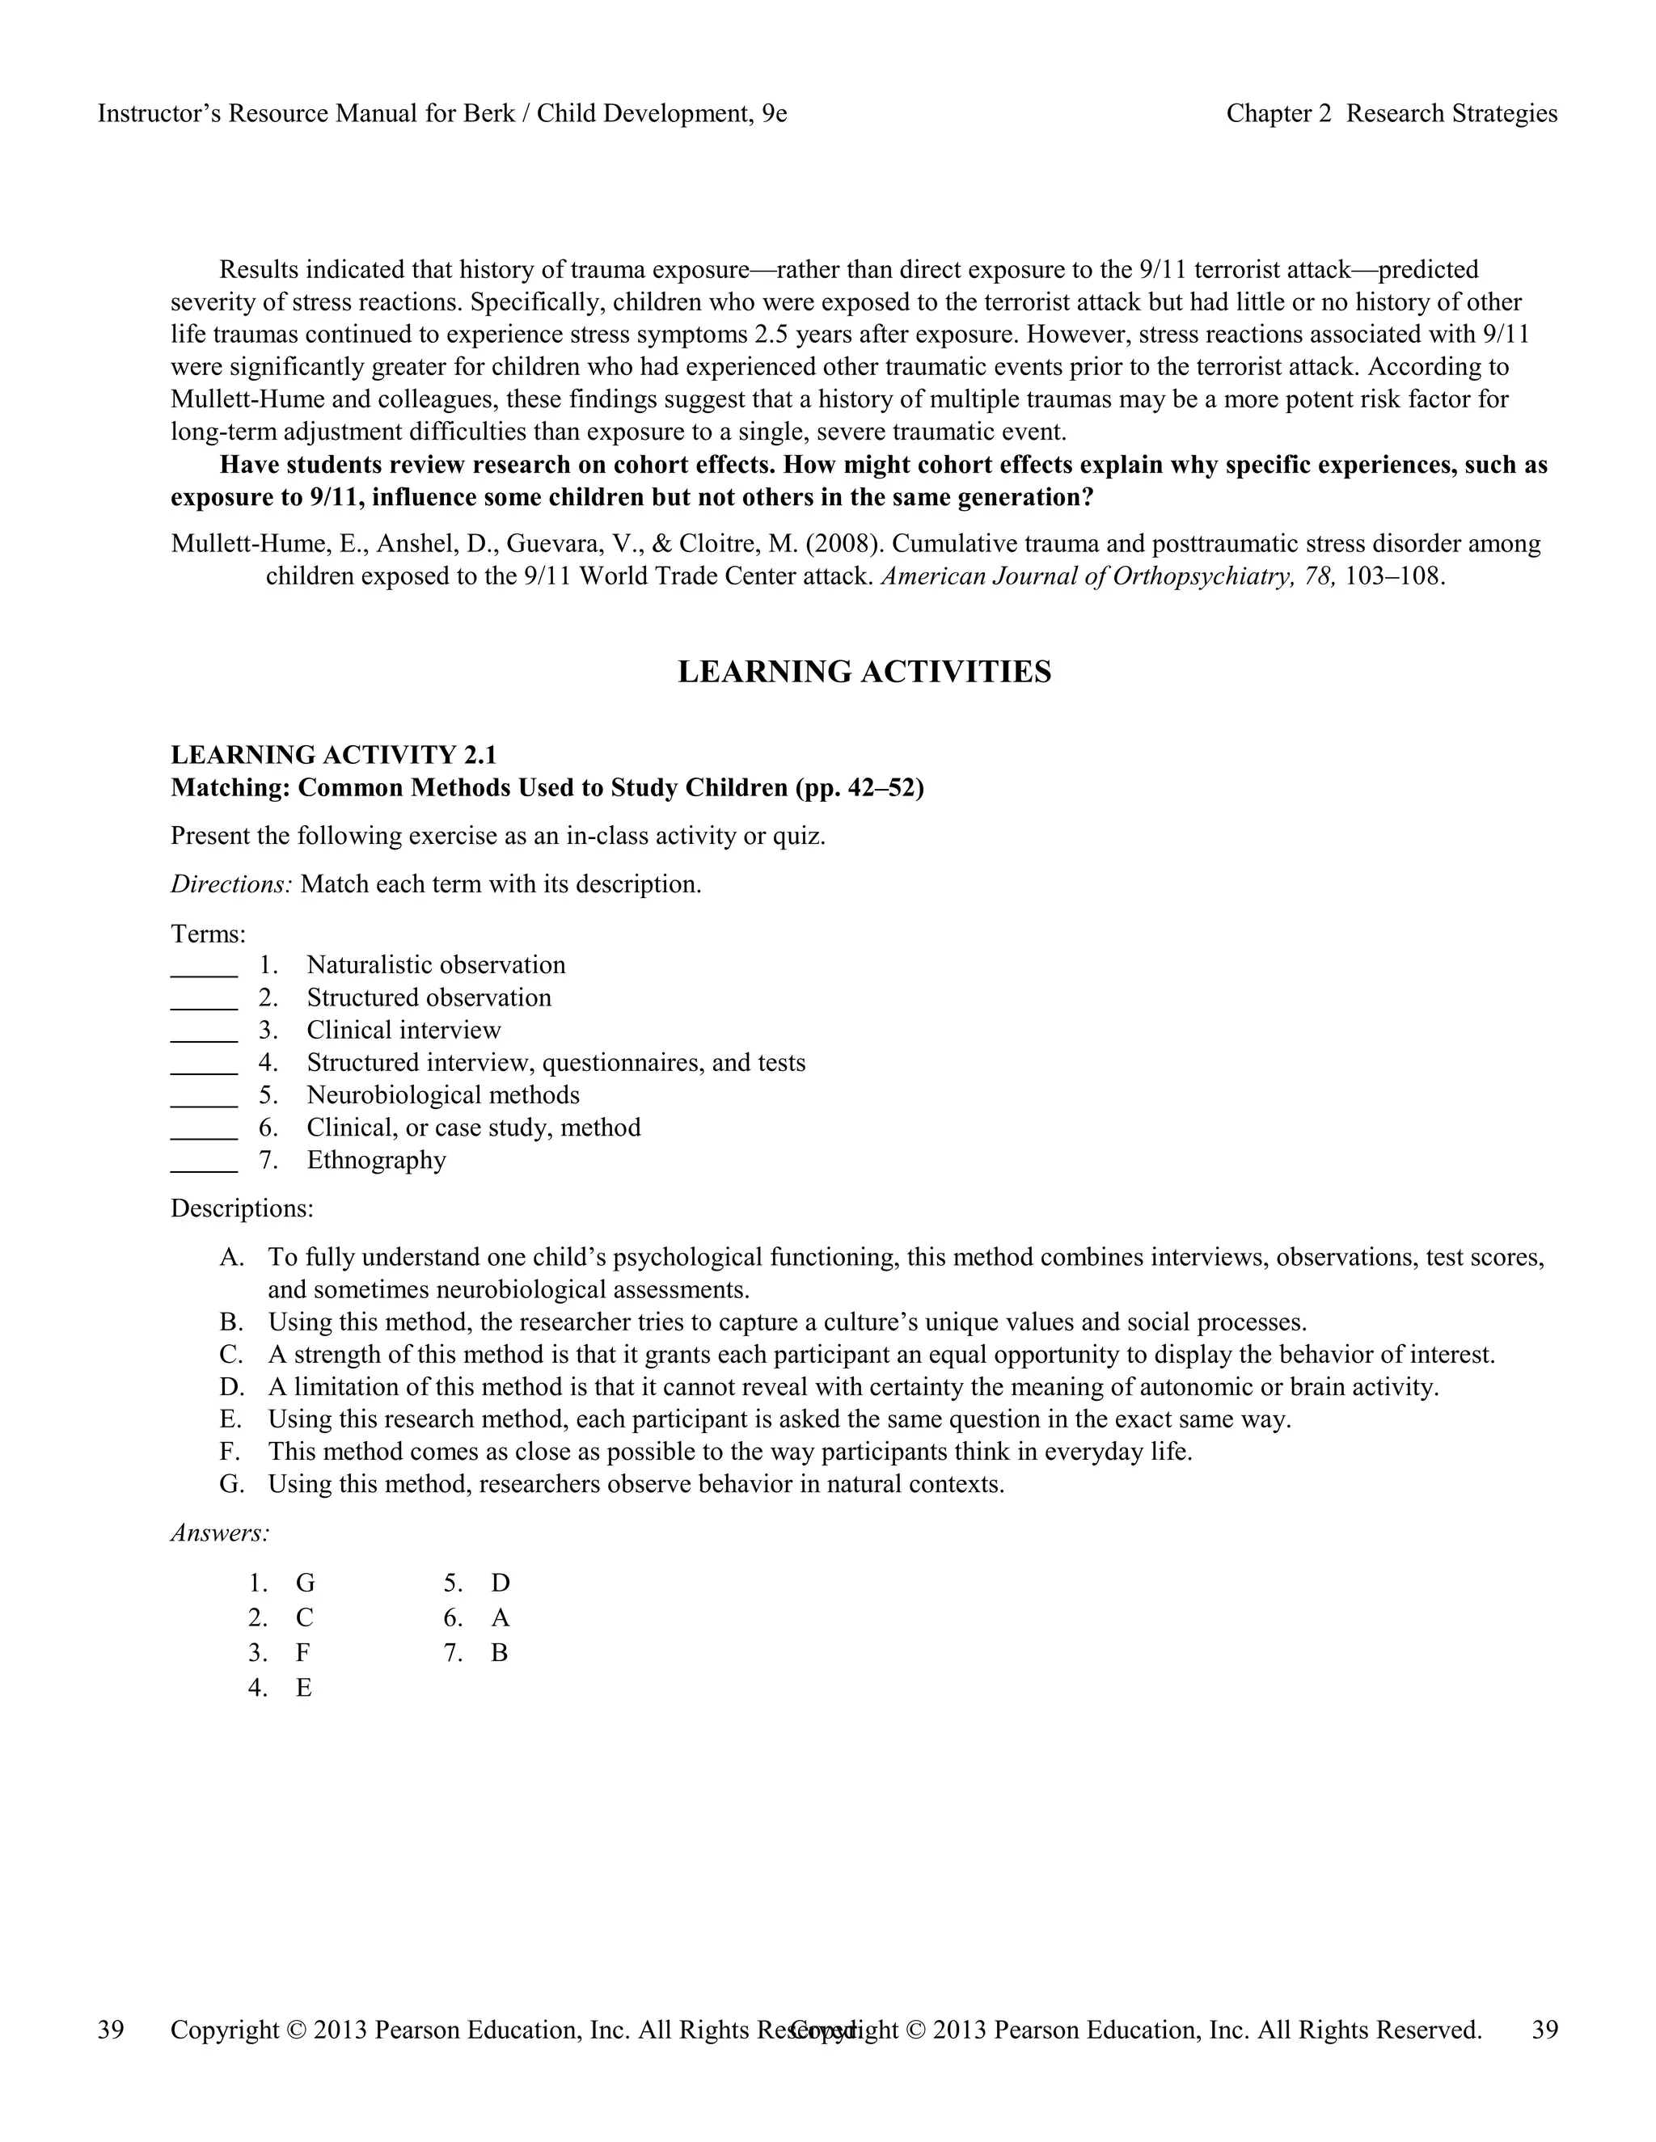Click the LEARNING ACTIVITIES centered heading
[x=864, y=673]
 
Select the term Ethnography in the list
[x=376, y=1160]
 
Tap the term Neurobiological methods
[x=442, y=1095]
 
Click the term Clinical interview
[x=403, y=1031]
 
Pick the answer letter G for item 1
[x=305, y=1583]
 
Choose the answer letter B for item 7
[x=500, y=1654]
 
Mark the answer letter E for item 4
[x=304, y=1688]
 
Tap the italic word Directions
[x=231, y=884]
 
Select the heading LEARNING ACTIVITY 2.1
[x=334, y=755]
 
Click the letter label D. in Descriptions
[x=231, y=1388]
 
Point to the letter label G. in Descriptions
[x=231, y=1485]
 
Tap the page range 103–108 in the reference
[x=1394, y=576]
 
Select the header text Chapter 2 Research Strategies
[x=1391, y=114]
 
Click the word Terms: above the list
[x=208, y=933]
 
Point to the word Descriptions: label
[x=241, y=1208]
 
